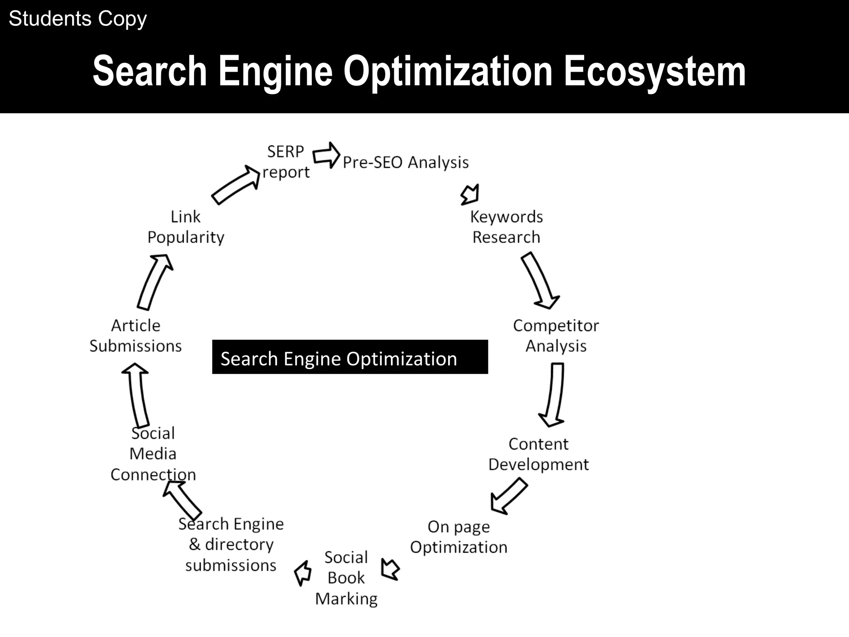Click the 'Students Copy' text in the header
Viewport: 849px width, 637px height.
78,19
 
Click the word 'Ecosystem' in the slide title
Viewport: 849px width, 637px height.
655,71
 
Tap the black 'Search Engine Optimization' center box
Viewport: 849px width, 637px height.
349,357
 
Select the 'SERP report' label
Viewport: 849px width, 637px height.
286,162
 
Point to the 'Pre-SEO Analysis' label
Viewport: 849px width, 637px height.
405,162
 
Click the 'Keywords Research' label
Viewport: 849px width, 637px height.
506,227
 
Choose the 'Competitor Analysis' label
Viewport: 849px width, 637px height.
555,336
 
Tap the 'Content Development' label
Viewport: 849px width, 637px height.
538,454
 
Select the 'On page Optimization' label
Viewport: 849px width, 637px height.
458,537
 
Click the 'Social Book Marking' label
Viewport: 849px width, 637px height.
346,578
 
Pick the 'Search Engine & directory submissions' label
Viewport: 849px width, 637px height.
231,545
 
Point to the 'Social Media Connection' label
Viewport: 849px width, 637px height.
153,454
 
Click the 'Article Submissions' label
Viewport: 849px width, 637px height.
136,336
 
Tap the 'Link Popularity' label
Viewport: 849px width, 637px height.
186,227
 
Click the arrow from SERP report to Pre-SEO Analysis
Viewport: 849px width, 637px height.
326,155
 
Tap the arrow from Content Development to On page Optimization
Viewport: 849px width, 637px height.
509,496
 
